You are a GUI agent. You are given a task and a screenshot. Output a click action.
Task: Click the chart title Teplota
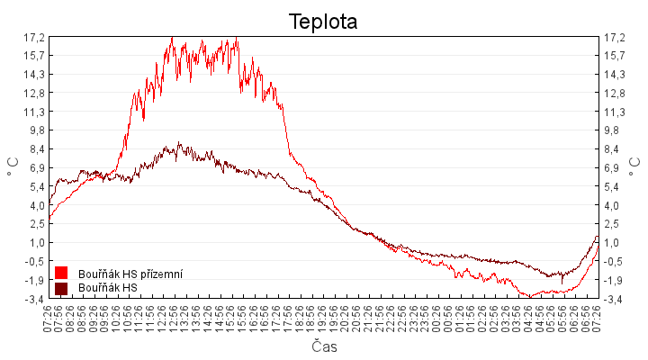click(x=323, y=22)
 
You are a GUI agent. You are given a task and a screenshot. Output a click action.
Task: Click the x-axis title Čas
click(x=324, y=346)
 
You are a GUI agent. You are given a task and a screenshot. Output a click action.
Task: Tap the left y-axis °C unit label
click(x=13, y=167)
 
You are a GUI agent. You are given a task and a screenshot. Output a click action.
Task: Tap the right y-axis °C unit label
click(x=635, y=167)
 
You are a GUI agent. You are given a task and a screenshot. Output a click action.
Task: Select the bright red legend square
click(x=61, y=273)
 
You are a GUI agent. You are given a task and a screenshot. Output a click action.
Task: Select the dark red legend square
click(x=61, y=288)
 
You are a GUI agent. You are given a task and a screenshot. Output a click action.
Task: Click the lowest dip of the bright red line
click(x=532, y=296)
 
